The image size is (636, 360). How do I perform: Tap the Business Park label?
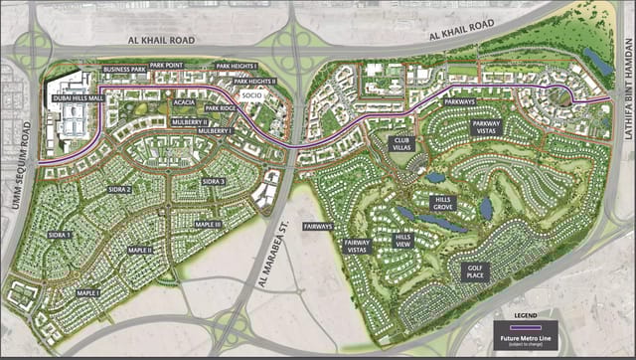123,70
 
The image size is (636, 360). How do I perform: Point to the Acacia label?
183,100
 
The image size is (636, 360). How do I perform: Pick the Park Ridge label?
221,107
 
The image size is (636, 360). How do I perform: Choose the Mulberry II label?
189,119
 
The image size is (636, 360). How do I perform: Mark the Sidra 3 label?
214,182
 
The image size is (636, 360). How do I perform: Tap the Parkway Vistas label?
488,126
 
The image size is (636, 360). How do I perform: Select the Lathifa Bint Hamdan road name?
628,76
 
